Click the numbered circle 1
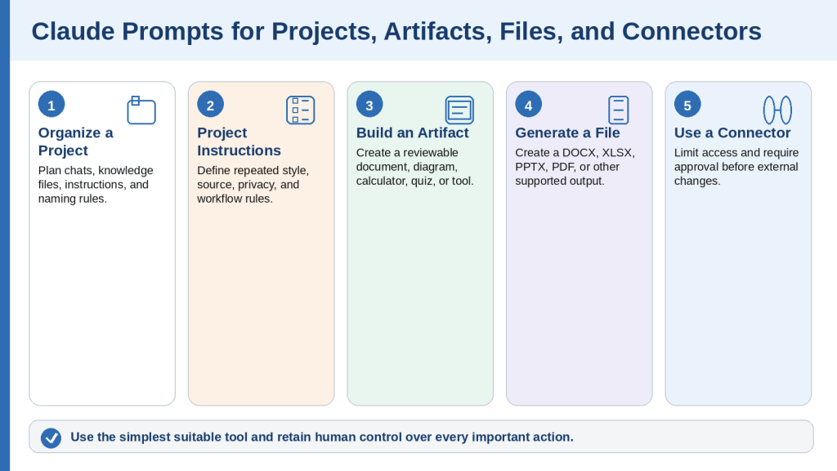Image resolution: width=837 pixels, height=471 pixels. click(x=51, y=104)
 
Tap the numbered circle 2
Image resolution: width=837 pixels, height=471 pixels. click(x=210, y=104)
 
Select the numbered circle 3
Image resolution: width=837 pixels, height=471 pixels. click(x=369, y=104)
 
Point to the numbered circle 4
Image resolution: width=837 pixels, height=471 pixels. click(x=529, y=104)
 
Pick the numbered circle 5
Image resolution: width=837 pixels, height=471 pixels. click(x=687, y=104)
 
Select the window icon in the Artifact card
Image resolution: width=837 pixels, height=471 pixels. click(x=459, y=110)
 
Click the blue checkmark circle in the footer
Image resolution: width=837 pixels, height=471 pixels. click(x=51, y=438)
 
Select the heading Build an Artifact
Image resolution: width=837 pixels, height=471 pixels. click(x=412, y=132)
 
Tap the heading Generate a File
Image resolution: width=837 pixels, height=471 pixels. click(x=567, y=132)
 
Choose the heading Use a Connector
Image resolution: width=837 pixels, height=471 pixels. click(x=732, y=132)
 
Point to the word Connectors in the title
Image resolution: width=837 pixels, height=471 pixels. click(x=692, y=31)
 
